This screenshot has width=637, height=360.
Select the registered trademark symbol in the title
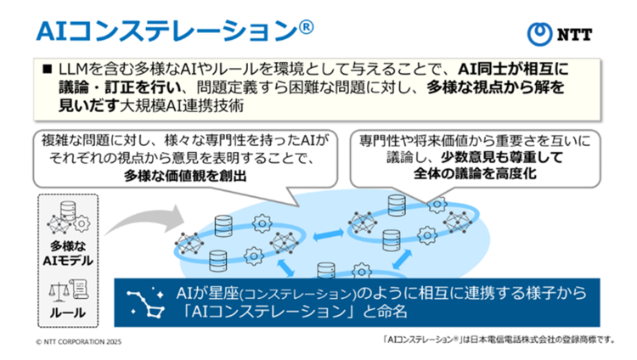pyautogui.click(x=307, y=26)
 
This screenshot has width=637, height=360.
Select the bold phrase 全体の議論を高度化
pyautogui.click(x=483, y=175)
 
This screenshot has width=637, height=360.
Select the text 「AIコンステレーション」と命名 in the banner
pyautogui.click(x=293, y=312)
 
